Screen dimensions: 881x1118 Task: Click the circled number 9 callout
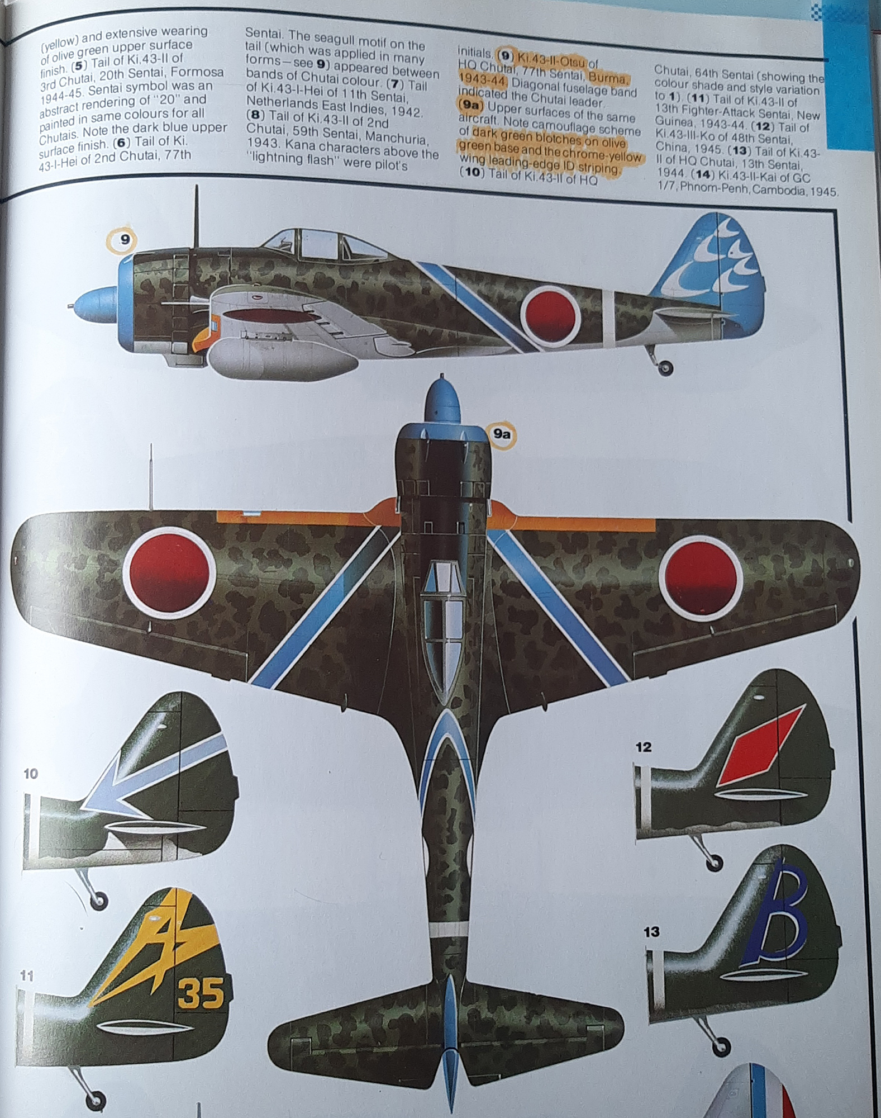(x=125, y=240)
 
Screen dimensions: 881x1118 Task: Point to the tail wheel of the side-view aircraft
(x=666, y=367)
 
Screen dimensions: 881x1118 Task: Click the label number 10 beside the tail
(x=31, y=774)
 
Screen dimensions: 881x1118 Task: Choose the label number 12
(x=644, y=747)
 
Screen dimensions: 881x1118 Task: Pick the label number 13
(x=651, y=932)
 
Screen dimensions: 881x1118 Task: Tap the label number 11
(x=26, y=976)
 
